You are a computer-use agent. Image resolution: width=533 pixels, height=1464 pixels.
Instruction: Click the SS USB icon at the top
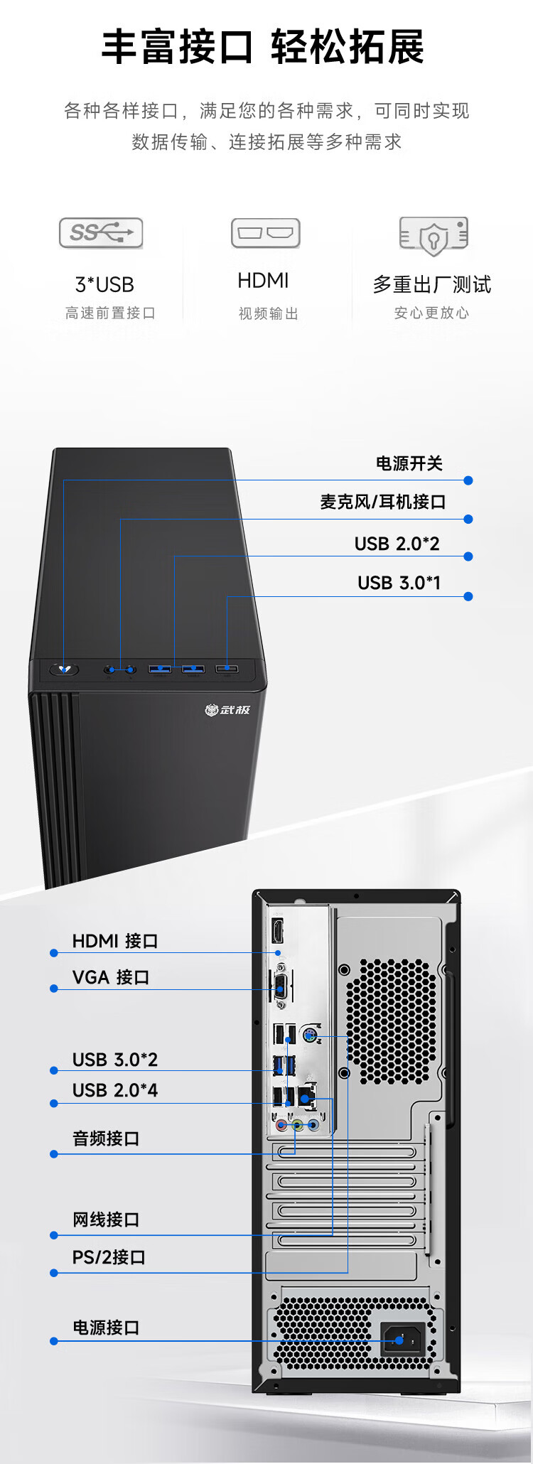point(101,232)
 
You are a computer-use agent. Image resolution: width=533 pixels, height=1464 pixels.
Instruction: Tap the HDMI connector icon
point(265,232)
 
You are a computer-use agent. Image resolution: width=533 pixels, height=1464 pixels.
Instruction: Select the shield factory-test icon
point(434,236)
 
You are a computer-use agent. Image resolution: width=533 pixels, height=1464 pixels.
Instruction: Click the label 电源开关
point(409,464)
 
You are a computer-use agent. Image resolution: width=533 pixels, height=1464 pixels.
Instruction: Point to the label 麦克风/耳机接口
point(382,502)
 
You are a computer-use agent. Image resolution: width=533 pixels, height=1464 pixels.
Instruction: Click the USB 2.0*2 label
point(397,544)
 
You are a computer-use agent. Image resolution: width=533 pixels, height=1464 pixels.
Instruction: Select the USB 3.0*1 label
point(399,583)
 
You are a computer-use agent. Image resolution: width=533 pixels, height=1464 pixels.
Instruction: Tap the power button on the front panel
point(65,669)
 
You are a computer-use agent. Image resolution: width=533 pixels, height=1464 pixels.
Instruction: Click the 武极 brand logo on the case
point(227,709)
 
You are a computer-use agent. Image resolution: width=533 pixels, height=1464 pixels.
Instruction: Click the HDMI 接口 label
point(114,941)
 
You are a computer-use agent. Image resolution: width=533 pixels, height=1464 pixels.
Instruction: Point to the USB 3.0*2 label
point(114,1060)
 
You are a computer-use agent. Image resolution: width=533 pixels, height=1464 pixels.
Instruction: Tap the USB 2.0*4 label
point(114,1090)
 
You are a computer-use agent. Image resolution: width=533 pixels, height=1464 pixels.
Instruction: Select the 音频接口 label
point(105,1139)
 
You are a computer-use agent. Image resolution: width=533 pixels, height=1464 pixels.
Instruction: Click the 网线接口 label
point(105,1220)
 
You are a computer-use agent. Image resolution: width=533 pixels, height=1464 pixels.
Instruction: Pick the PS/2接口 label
point(108,1257)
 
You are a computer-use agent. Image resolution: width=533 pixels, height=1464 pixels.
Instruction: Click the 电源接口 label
point(105,1328)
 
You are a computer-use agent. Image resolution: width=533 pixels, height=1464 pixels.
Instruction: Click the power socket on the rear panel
point(401,1339)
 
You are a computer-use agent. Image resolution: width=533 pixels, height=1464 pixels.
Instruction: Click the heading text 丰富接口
point(177,48)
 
